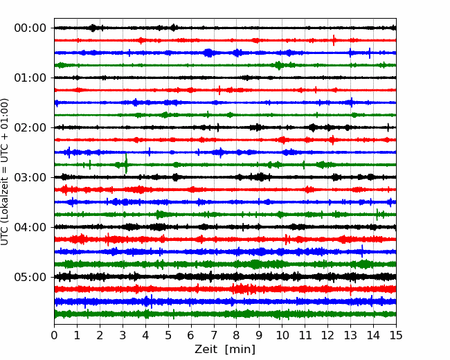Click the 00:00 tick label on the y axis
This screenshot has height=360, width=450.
[30, 28]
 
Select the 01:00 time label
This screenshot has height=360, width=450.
[30, 78]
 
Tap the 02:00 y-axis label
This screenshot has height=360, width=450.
[30, 127]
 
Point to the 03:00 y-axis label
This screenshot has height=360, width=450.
[30, 177]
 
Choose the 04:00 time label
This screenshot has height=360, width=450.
[30, 227]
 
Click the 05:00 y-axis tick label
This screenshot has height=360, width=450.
[30, 277]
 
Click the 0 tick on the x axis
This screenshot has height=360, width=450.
[55, 336]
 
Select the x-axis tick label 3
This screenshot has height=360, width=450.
[123, 336]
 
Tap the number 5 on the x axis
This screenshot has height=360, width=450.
[168, 336]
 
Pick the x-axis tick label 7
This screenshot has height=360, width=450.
[214, 336]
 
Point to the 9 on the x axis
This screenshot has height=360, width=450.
[260, 336]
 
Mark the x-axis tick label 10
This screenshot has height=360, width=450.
[282, 336]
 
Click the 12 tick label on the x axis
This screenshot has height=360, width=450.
[327, 336]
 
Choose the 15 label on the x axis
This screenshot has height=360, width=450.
[396, 336]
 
